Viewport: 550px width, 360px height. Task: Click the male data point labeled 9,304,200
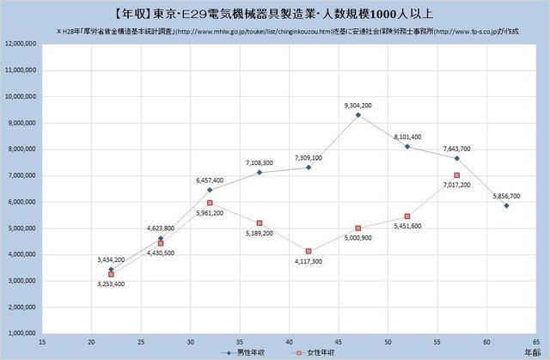358,115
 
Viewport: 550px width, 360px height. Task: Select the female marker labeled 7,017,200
457,175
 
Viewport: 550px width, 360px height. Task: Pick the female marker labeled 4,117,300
309,251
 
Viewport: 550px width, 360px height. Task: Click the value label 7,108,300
260,162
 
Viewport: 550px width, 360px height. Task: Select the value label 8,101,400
407,137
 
